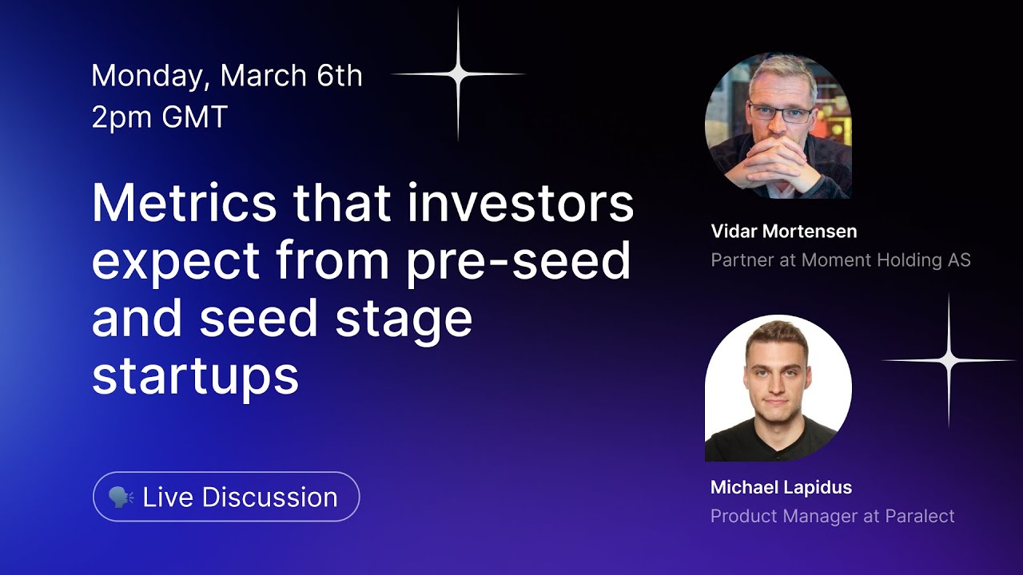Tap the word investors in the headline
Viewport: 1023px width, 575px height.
coord(520,203)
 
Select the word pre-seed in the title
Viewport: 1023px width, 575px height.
coord(518,260)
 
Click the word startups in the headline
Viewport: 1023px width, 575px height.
coord(195,375)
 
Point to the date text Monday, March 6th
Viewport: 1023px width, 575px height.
coord(227,76)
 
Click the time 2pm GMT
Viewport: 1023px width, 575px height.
coord(160,117)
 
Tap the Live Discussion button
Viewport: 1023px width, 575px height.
coord(226,497)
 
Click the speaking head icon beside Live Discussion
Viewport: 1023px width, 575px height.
coord(121,497)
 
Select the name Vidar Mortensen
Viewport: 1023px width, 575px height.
coord(783,232)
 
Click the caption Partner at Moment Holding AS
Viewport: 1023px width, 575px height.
coord(840,260)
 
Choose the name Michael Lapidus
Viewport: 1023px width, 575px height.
coord(781,487)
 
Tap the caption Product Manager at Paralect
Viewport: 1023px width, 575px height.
coord(832,516)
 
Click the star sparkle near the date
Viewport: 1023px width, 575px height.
coord(458,74)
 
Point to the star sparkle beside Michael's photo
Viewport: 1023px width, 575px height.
coord(949,361)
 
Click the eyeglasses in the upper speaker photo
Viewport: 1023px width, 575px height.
coord(780,113)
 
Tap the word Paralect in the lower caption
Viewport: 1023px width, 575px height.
coord(919,516)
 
